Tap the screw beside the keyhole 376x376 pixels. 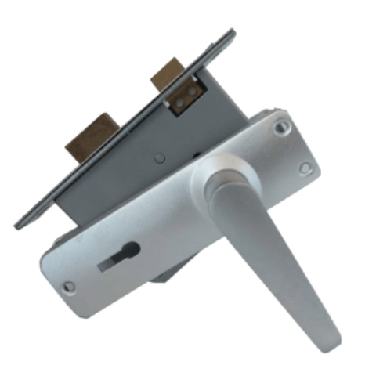(x=69, y=287)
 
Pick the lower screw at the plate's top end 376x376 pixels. (x=305, y=168)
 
